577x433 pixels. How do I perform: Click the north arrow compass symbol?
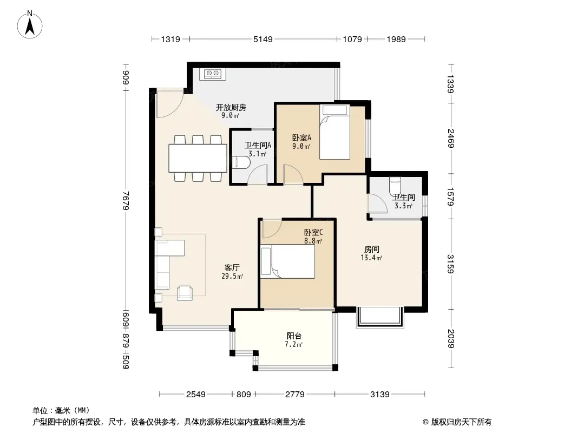click(x=30, y=25)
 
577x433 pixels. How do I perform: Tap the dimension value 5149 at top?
click(x=263, y=40)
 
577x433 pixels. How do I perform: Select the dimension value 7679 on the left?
click(x=126, y=200)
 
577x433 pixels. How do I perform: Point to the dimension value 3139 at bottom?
click(x=380, y=395)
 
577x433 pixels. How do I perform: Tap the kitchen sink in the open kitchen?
click(x=213, y=74)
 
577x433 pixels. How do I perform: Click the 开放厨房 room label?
click(x=231, y=107)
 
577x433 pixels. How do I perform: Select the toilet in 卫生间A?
click(x=241, y=162)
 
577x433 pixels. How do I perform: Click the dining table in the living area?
click(x=198, y=158)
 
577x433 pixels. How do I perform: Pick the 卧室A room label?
click(x=301, y=137)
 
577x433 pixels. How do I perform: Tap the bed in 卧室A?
click(x=335, y=133)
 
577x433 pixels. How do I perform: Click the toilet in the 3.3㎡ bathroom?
click(x=395, y=186)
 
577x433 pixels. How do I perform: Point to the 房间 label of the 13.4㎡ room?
click(x=372, y=250)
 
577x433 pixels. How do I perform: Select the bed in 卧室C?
click(x=287, y=261)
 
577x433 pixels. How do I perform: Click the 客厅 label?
click(x=232, y=268)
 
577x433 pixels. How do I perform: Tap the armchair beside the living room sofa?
click(x=185, y=293)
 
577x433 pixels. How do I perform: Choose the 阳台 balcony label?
click(x=294, y=336)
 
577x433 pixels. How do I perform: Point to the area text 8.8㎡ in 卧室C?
click(x=313, y=241)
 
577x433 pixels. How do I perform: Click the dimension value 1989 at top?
click(x=396, y=40)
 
